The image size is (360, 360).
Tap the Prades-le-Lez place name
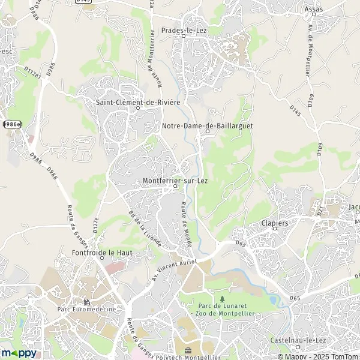point(184,29)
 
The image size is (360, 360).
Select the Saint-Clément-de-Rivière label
point(138,102)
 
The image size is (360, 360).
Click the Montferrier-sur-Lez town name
point(175,180)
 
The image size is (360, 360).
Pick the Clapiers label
point(275,223)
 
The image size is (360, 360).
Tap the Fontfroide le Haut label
point(102,253)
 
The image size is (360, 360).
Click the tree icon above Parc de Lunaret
point(222,299)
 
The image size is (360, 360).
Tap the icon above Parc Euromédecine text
point(87,302)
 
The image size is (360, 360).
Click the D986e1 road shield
point(11,124)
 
